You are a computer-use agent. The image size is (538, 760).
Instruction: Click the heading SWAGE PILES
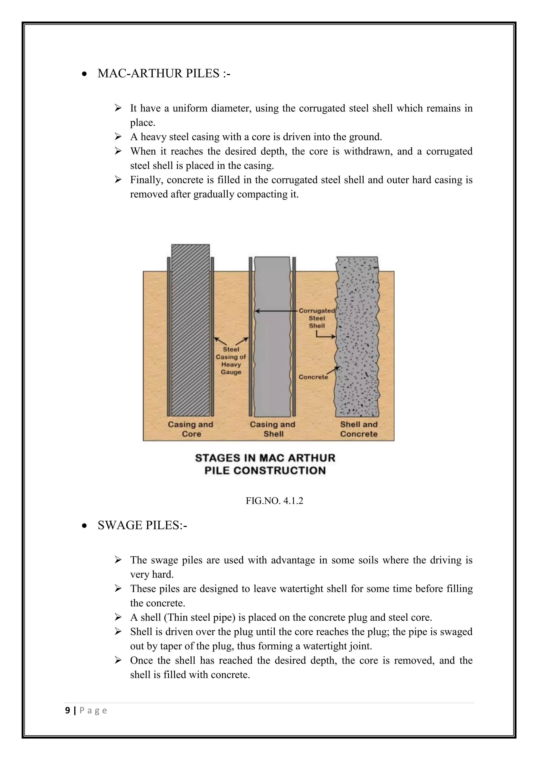tap(142, 525)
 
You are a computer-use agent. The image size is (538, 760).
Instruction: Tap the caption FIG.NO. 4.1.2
tap(274, 501)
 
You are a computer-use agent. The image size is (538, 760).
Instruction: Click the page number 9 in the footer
tap(68, 710)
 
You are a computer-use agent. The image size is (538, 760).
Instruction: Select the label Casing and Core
tap(190, 429)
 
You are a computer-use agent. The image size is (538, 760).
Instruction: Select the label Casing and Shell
tap(273, 429)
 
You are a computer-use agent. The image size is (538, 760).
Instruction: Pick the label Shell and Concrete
tap(359, 429)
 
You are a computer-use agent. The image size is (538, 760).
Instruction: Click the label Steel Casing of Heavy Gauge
tap(231, 361)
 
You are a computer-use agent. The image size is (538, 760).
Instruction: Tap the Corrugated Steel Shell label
tap(317, 318)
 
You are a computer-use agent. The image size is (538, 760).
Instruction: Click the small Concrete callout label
tap(313, 377)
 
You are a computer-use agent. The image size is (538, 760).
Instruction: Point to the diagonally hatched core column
tap(190, 331)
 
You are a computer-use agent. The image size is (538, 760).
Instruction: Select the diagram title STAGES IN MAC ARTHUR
tap(265, 458)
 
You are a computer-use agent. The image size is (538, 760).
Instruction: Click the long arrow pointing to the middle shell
tap(277, 311)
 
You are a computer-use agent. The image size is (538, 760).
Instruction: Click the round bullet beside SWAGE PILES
tap(85, 526)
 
